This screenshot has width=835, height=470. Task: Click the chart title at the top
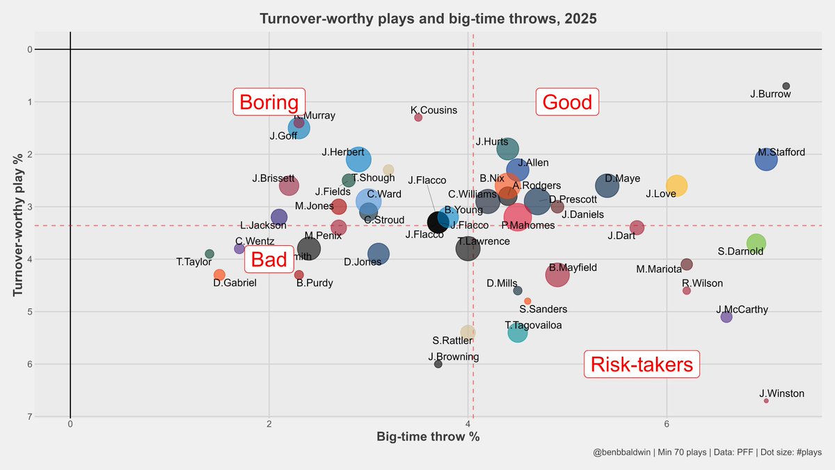[428, 19]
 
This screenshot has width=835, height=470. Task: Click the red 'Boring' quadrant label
[269, 102]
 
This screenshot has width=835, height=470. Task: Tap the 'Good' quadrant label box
[567, 102]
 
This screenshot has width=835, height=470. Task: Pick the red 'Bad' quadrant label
[269, 260]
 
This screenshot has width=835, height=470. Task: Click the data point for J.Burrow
[786, 86]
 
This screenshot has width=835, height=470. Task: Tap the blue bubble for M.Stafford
[765, 159]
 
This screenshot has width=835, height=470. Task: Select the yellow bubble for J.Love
[676, 186]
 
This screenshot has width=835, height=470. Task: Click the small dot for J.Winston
[766, 401]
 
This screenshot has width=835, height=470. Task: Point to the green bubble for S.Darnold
[756, 244]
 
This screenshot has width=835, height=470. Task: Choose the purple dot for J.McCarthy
[726, 317]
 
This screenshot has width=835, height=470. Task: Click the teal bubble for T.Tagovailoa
[518, 332]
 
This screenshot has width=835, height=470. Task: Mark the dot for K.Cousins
[418, 118]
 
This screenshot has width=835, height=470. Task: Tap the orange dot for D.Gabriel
[219, 275]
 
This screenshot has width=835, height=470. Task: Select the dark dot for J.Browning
[438, 364]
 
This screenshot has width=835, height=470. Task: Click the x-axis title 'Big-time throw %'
[428, 437]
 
